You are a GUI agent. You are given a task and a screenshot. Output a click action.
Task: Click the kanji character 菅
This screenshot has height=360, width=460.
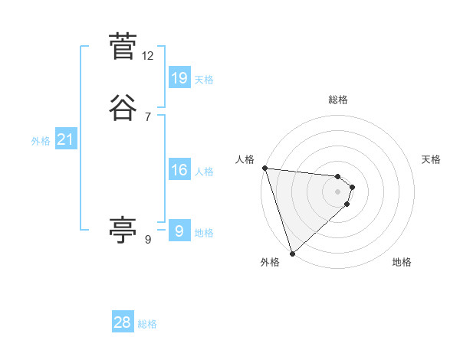(x=123, y=47)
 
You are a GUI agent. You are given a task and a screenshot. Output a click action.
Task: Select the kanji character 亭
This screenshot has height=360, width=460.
(x=123, y=229)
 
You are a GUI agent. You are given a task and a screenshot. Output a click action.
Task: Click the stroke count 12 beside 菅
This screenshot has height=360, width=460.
(x=148, y=56)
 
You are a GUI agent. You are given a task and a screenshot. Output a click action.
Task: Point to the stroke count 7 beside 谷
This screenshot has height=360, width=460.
(x=148, y=117)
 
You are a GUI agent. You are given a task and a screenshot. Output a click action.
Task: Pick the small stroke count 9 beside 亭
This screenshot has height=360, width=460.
(x=148, y=240)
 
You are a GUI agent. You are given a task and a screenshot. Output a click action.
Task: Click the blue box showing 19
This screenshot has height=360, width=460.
(x=179, y=77)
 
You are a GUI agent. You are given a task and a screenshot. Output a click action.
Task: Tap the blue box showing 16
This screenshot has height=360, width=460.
(x=179, y=170)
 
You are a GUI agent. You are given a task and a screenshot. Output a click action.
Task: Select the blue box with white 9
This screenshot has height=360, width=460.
(x=179, y=231)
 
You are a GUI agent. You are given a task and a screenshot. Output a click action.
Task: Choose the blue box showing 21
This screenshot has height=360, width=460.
(x=66, y=139)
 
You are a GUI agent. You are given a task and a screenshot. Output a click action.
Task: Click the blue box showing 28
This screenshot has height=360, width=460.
(x=123, y=322)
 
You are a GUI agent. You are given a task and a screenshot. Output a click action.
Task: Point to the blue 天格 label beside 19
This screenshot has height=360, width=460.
(x=204, y=79)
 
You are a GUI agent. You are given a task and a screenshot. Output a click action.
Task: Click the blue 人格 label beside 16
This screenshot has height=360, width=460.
(x=204, y=172)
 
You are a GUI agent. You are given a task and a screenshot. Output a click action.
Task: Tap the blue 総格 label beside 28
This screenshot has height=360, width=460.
(x=147, y=324)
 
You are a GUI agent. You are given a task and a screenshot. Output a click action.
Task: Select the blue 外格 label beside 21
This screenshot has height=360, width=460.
(x=41, y=141)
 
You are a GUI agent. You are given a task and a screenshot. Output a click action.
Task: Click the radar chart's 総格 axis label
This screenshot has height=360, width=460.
(x=338, y=100)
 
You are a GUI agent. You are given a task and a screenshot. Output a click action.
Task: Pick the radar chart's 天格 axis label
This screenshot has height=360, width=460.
(x=431, y=159)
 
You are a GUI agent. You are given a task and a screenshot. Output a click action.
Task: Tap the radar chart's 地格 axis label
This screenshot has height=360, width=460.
(x=402, y=262)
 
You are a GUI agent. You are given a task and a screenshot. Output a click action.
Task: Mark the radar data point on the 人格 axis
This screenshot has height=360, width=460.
(x=264, y=168)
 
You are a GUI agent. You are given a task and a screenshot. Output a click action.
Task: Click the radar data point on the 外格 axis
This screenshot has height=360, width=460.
(x=292, y=253)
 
